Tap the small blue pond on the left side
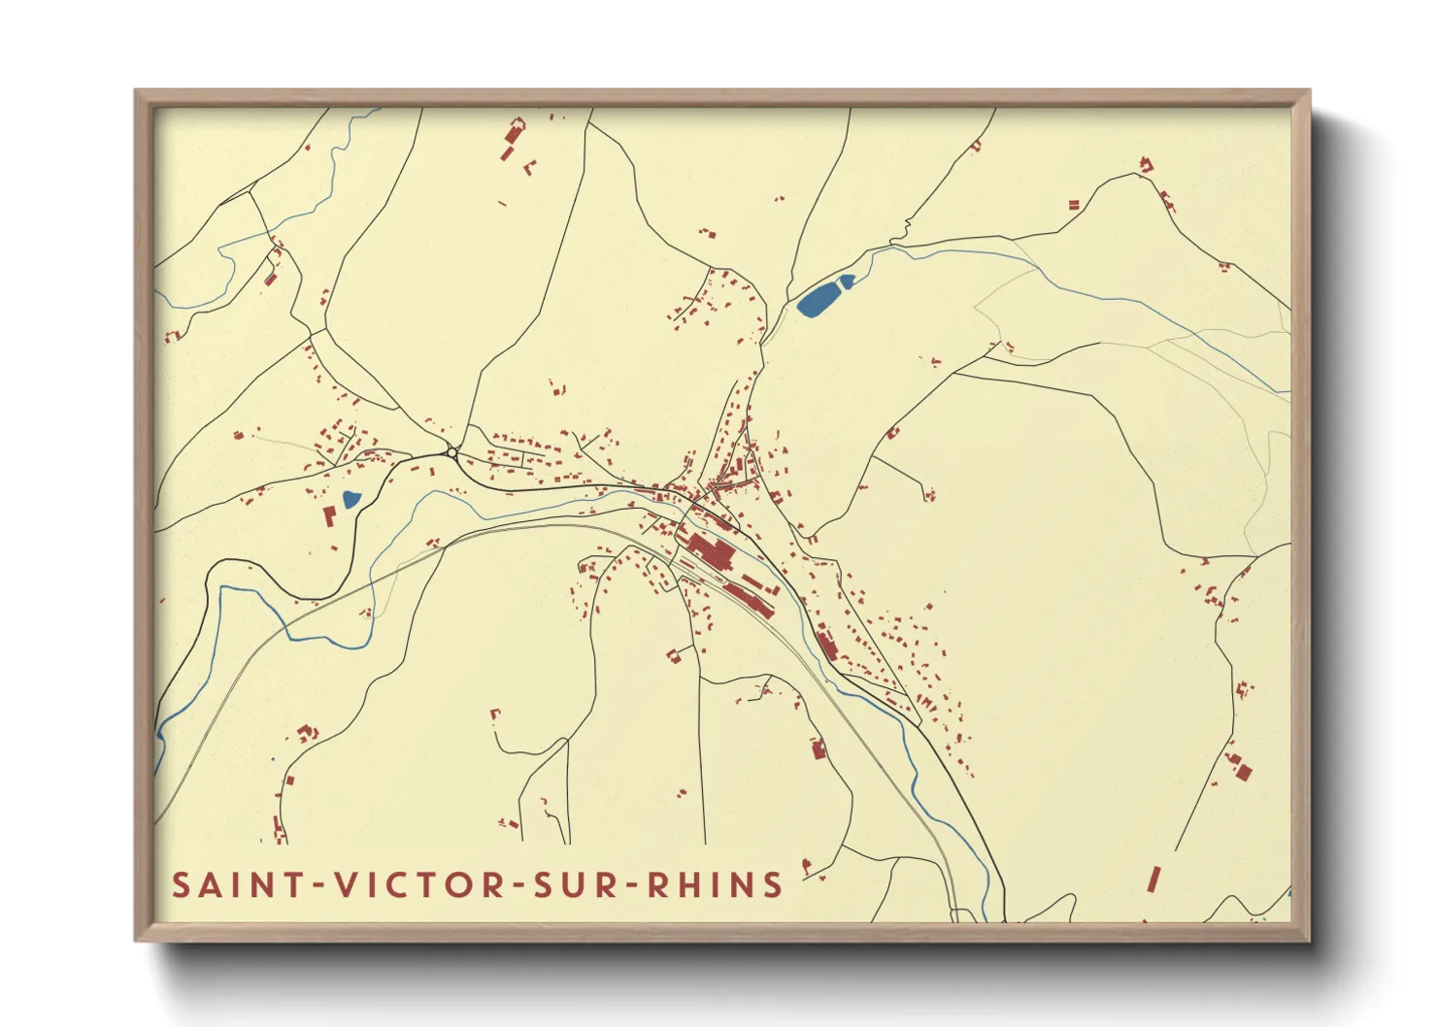(x=351, y=501)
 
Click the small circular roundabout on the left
(x=452, y=452)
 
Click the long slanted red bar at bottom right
(x=1153, y=880)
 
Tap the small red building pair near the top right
(x=1074, y=205)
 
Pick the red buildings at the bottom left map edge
(x=279, y=829)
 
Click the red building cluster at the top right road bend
(x=1146, y=165)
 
